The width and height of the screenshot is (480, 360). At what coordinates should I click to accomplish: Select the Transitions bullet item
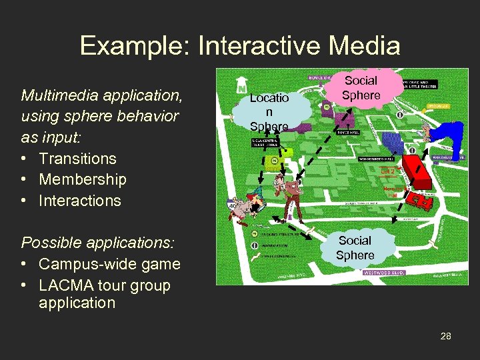[77, 159]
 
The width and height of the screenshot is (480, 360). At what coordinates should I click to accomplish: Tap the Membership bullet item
[82, 179]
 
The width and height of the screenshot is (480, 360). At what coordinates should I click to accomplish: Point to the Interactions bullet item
[79, 201]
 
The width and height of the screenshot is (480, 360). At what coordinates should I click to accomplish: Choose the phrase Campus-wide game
[109, 264]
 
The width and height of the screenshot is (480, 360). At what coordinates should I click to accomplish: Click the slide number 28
[445, 336]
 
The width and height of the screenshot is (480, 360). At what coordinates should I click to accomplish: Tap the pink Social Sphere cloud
[361, 88]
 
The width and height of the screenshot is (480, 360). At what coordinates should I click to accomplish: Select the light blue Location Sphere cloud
[270, 111]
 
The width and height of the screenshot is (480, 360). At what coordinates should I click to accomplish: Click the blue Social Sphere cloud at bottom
[355, 247]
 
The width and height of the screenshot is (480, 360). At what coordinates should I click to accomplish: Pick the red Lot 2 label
[388, 171]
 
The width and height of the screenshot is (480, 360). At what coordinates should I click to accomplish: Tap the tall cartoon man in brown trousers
[291, 196]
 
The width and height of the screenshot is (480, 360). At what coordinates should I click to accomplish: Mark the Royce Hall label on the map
[347, 133]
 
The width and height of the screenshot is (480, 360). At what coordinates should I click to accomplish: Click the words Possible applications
[87, 243]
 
